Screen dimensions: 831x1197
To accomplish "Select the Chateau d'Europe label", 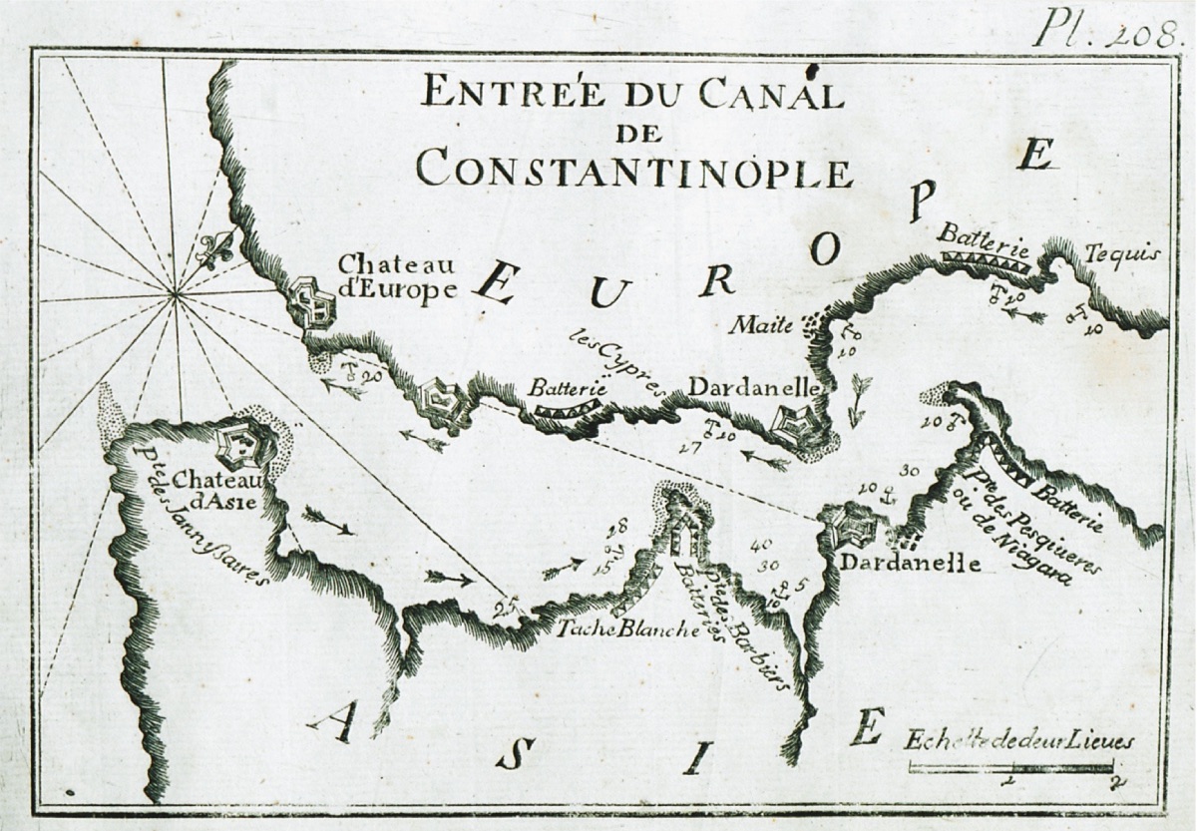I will coord(397,276).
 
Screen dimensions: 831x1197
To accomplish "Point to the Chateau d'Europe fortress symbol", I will coord(311,303).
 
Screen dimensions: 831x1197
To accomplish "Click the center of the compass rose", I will coord(176,292).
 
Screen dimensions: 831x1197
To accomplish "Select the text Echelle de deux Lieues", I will coord(1018,740).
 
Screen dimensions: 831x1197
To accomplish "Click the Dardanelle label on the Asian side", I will coord(910,563).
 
